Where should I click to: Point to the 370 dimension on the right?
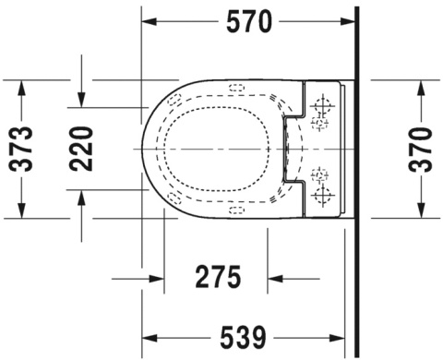421,148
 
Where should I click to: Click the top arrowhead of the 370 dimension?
421,85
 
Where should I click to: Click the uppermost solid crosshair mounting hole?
322,102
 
